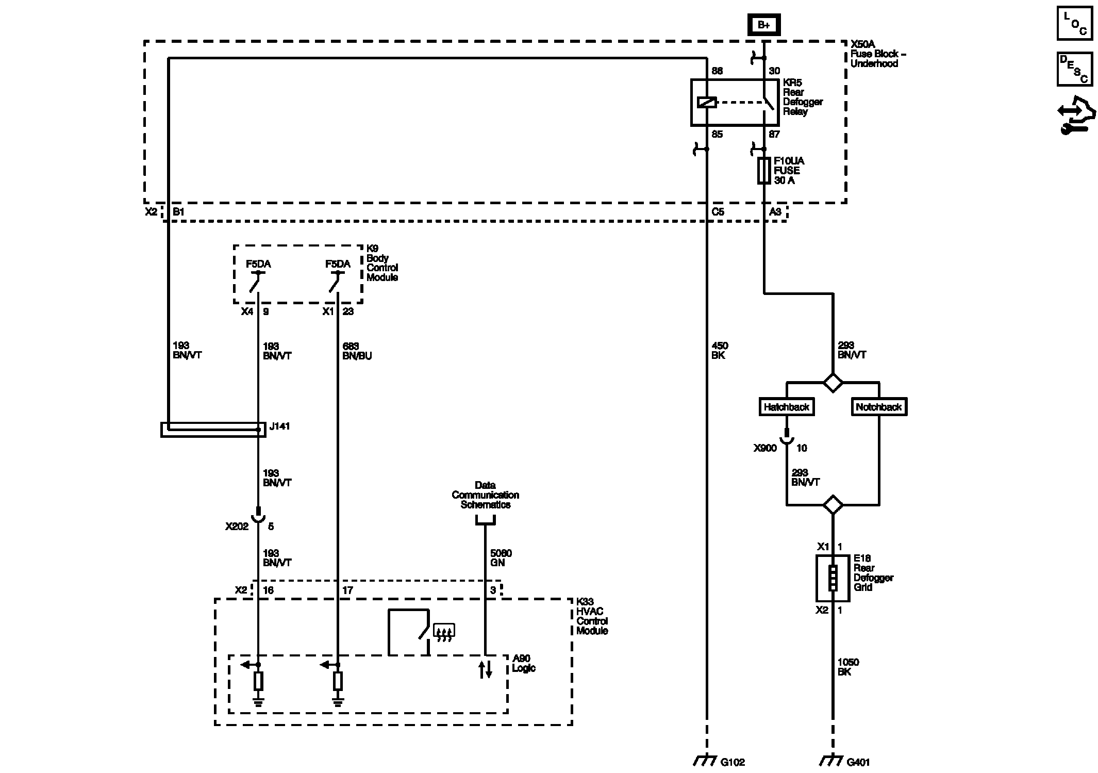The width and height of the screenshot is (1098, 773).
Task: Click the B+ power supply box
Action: (763, 25)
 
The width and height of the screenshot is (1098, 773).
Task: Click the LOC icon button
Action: (1074, 23)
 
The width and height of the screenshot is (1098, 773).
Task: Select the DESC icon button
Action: (1074, 69)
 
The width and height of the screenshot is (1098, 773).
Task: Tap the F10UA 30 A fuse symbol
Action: (763, 171)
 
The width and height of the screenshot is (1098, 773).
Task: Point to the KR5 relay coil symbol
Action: (706, 103)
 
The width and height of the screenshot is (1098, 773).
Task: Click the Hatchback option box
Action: (787, 407)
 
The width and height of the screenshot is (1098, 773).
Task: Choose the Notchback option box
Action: (878, 407)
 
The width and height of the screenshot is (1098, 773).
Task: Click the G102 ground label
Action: (733, 762)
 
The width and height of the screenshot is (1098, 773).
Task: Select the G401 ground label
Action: (858, 762)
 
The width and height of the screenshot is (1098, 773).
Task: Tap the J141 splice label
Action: (280, 426)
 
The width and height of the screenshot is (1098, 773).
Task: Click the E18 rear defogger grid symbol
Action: (833, 578)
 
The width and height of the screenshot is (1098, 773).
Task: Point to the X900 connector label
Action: (765, 448)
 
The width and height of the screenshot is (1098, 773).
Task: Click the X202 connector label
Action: (237, 527)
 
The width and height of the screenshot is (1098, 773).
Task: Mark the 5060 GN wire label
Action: (501, 558)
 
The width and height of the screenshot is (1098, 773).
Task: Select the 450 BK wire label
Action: (720, 350)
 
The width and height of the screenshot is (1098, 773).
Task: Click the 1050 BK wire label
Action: (848, 667)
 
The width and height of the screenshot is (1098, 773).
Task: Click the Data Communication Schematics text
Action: (485, 495)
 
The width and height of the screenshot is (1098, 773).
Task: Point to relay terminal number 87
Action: (774, 135)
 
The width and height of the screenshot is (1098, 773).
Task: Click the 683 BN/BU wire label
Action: (357, 351)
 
